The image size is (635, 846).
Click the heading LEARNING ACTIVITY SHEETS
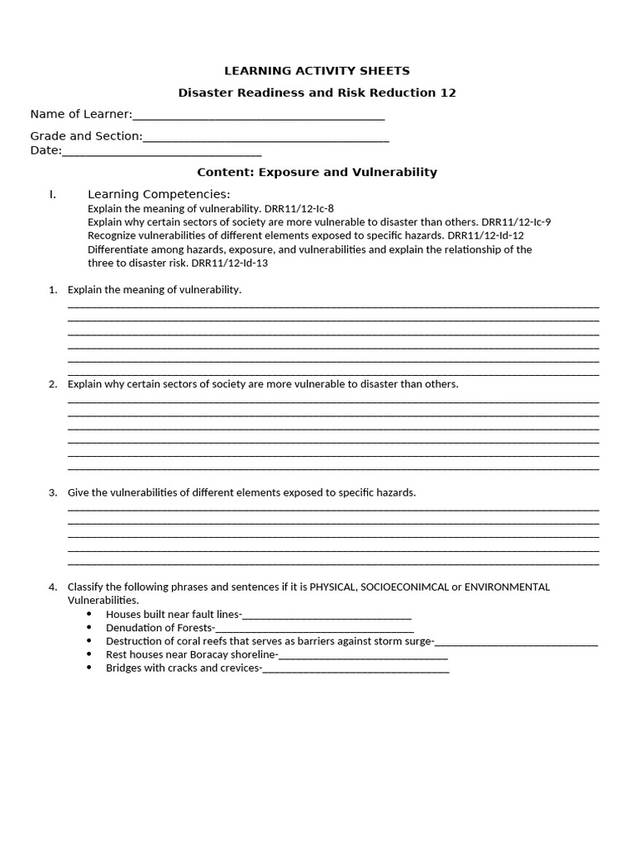317,71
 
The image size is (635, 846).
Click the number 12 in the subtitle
447,93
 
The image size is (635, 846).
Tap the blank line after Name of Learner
258,115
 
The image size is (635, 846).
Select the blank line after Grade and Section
265,136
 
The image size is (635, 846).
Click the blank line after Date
161,151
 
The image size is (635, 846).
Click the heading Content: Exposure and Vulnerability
317,173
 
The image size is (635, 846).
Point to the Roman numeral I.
52,194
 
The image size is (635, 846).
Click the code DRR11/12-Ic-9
516,222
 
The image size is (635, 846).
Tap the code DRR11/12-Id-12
485,235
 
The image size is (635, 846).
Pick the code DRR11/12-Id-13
230,263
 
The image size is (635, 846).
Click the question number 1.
52,290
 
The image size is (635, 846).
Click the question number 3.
52,493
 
